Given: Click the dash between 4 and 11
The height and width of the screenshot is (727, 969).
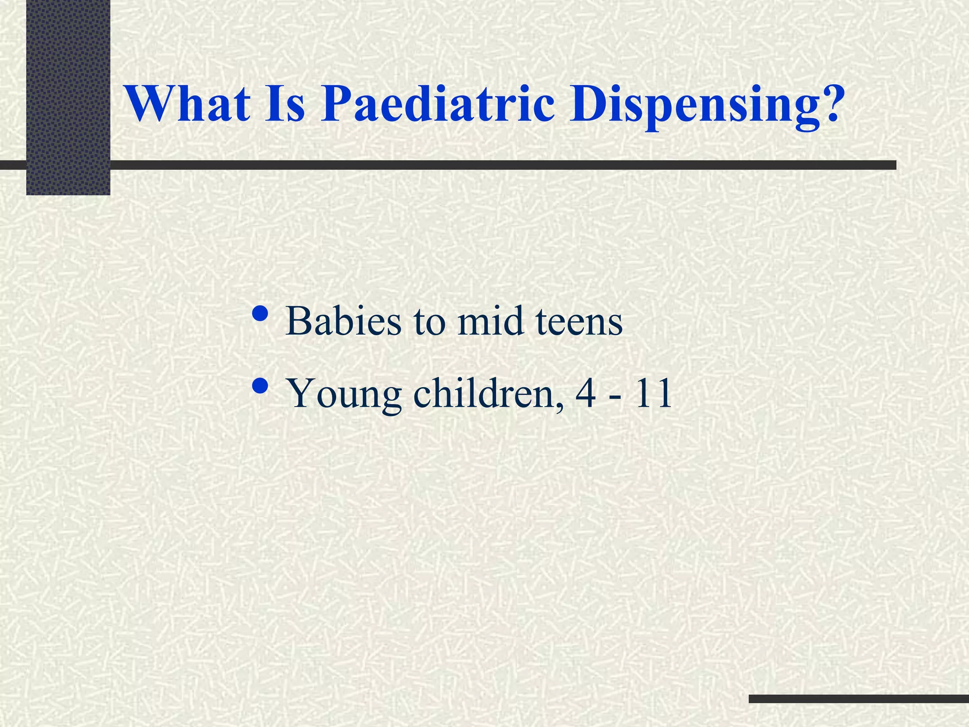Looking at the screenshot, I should [x=616, y=397].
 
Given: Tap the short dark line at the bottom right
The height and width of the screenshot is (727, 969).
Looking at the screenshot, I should [x=858, y=699].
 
